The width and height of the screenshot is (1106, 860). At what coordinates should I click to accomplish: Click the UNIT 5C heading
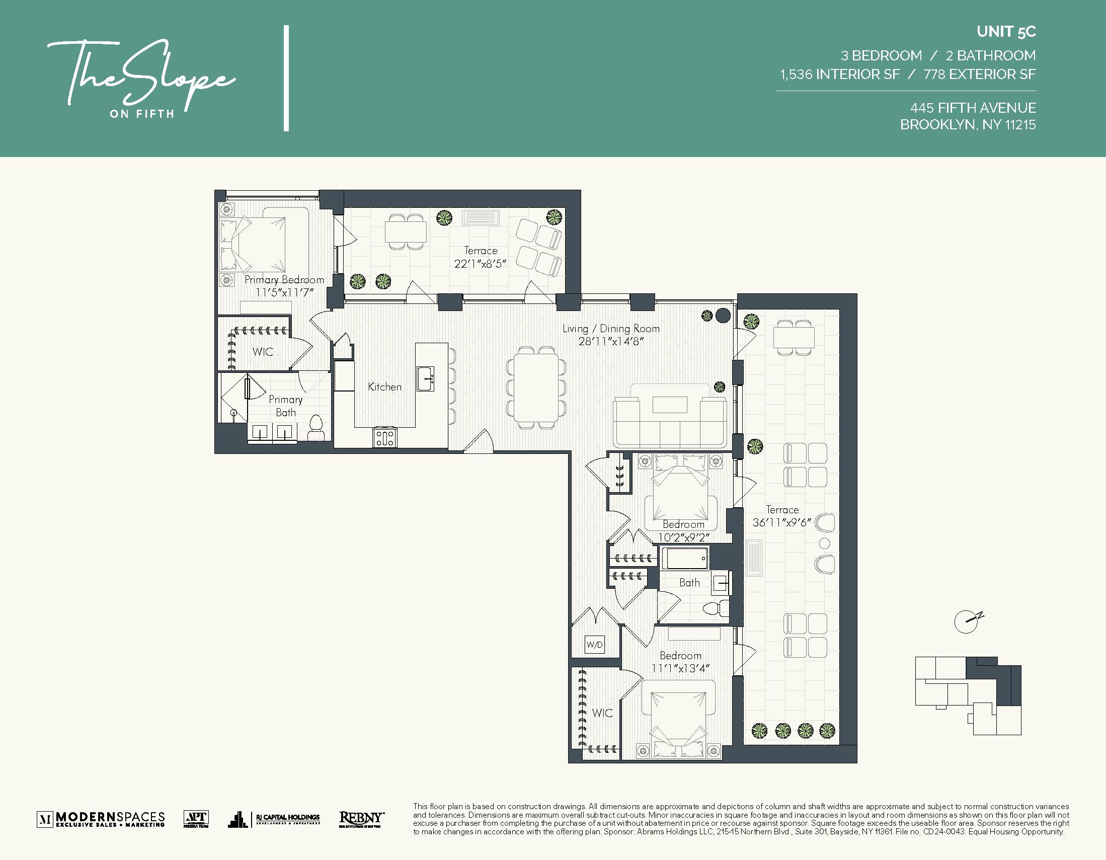coord(1006,32)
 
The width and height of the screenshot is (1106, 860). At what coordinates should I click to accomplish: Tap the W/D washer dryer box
coord(595,645)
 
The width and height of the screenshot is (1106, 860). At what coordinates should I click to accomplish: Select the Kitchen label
coord(384,387)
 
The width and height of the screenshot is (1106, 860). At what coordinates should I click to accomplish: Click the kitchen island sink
coord(425,379)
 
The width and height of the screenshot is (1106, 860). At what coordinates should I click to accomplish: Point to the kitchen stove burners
coord(385,438)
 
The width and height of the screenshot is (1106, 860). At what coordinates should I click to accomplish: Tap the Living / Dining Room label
coord(611,329)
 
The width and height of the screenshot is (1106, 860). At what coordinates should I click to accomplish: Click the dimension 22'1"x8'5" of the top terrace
coord(480,264)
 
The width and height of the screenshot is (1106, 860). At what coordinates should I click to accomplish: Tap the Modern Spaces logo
coord(101,819)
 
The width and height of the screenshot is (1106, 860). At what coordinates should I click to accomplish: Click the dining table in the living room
coord(536,387)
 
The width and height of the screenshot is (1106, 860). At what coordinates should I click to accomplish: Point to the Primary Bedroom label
coord(284,280)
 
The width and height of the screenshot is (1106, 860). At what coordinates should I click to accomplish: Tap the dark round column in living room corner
coord(723,316)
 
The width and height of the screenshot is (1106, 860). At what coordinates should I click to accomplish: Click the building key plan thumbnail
coord(968,695)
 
